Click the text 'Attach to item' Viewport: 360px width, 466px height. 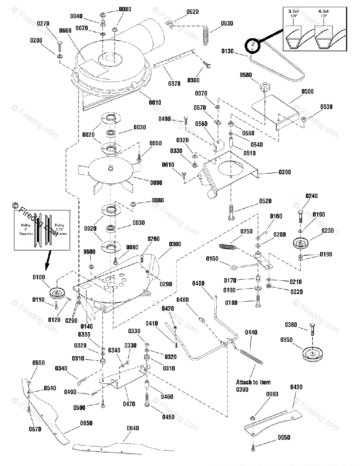253,382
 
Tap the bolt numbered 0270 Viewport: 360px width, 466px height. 60,46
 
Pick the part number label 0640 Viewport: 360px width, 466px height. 132,428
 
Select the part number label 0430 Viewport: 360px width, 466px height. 296,387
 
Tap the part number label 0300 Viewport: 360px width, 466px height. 175,244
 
